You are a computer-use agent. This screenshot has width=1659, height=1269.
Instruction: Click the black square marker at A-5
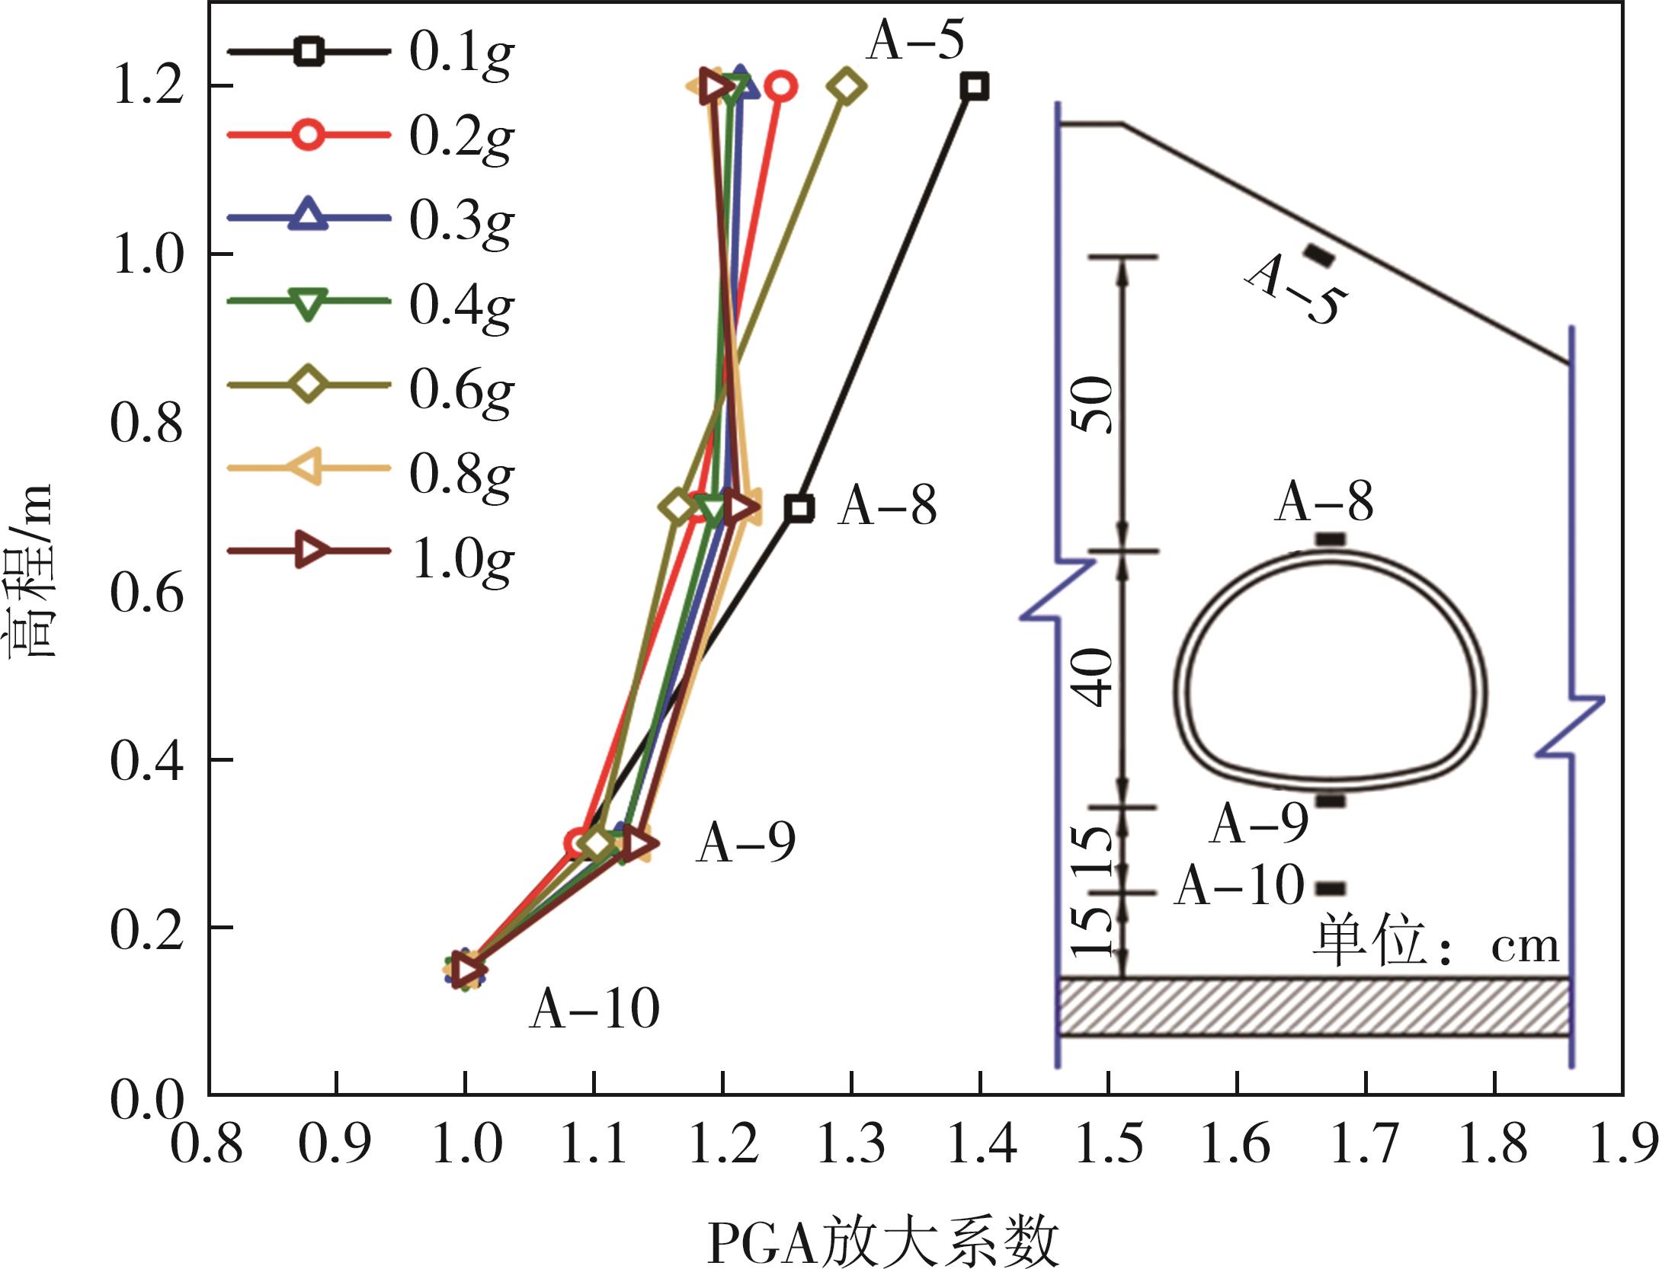[x=975, y=86]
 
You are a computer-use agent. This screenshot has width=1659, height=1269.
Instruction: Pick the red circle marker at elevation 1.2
[x=782, y=87]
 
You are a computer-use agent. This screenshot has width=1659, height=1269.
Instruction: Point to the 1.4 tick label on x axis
[x=982, y=1144]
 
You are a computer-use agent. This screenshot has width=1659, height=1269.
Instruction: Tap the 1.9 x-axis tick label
[x=1623, y=1144]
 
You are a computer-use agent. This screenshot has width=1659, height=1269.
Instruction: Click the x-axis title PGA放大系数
[x=884, y=1242]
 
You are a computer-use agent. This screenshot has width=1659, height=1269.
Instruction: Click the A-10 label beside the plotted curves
[x=594, y=1009]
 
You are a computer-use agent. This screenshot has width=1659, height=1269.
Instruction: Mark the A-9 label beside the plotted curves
[x=745, y=843]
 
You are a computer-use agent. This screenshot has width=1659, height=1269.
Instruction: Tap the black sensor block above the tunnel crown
[x=1331, y=539]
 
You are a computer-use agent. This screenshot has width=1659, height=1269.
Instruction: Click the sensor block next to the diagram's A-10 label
[x=1332, y=888]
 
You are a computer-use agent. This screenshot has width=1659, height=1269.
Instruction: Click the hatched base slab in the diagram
[x=1315, y=1006]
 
